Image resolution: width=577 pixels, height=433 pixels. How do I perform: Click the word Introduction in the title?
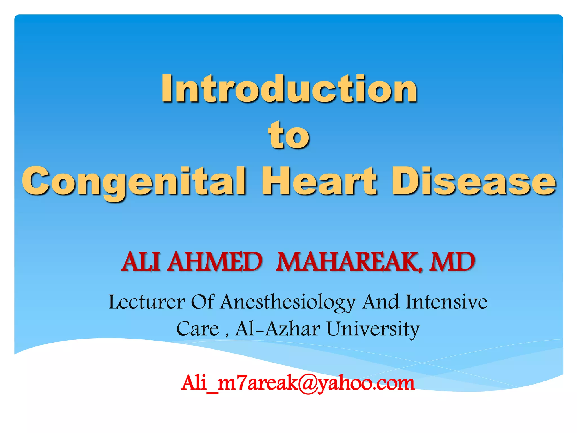(289, 89)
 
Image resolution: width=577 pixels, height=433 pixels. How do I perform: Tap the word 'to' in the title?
(289, 135)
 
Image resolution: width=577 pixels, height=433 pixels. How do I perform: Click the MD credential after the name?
(452, 262)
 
